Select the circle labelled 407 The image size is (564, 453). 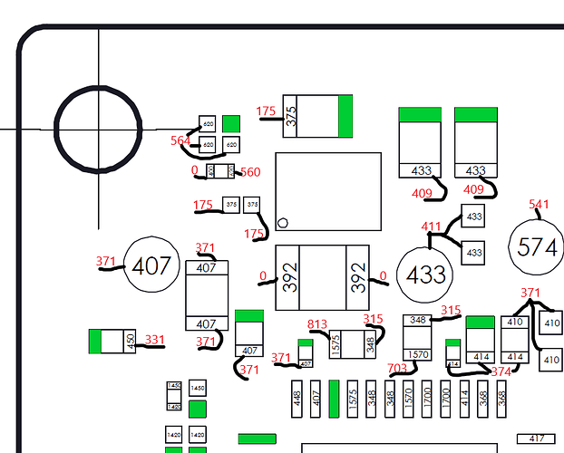tap(151, 265)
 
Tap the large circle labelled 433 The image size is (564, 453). tap(425, 275)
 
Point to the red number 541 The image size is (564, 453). tap(539, 205)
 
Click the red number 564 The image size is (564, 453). tap(180, 140)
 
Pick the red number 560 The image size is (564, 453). tap(250, 172)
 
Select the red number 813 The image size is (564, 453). tap(317, 324)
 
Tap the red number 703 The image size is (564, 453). tap(397, 368)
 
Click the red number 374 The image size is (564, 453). tap(501, 371)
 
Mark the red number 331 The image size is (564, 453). tap(155, 341)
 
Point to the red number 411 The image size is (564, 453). tap(431, 226)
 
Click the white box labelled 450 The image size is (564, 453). tap(130, 342)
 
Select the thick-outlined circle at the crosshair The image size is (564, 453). tap(98, 129)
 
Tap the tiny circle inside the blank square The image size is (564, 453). tap(283, 222)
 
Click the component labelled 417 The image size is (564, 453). tap(536, 439)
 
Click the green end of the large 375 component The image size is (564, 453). tap(345, 116)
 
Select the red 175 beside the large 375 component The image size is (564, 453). tap(266, 111)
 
